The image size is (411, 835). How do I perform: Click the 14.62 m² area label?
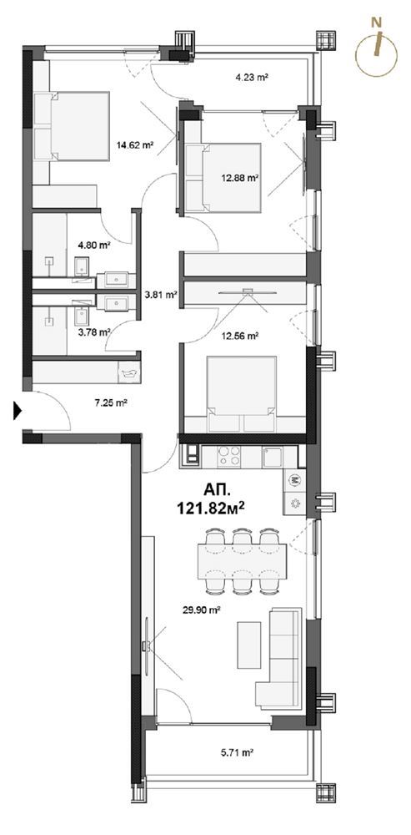click(135, 144)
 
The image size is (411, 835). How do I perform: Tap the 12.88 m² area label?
click(239, 179)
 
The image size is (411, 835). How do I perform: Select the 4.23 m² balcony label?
click(251, 77)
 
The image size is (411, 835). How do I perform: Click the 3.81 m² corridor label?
click(161, 293)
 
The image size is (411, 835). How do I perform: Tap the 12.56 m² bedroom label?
click(240, 336)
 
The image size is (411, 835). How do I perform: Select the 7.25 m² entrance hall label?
click(110, 403)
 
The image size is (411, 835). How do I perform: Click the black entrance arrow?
click(18, 411)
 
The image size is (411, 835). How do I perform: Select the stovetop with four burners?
click(229, 457)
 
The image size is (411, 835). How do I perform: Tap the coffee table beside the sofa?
click(248, 645)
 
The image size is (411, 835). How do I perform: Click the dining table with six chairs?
click(243, 561)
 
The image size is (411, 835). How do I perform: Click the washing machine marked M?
click(294, 480)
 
